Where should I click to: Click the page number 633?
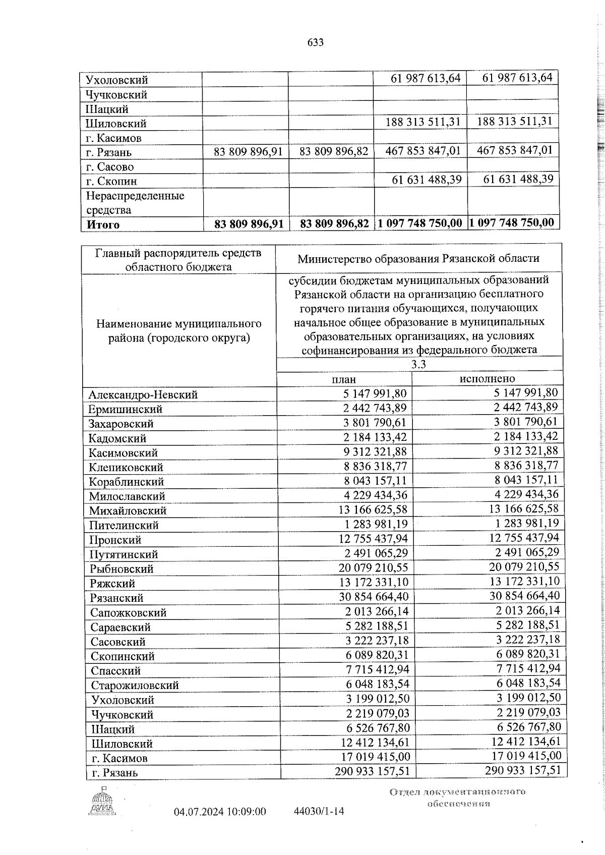[315, 43]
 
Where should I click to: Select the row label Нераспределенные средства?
[135, 203]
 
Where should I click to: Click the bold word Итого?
[103, 225]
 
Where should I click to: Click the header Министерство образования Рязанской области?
[418, 259]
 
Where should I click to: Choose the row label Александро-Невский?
[143, 395]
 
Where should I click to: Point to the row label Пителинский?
[124, 525]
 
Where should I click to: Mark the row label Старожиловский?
[135, 686]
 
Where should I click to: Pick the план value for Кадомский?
[376, 438]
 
